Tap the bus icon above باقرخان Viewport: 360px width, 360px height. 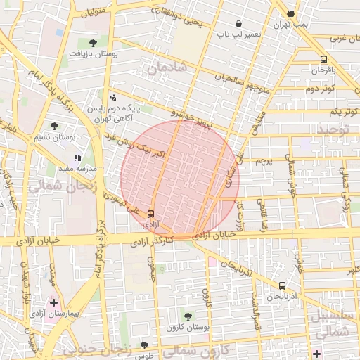(x=323, y=60)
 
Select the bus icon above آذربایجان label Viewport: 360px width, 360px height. (x=282, y=285)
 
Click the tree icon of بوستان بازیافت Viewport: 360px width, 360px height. (x=94, y=43)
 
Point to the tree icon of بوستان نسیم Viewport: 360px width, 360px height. (x=55, y=126)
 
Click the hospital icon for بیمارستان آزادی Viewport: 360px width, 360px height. (x=54, y=302)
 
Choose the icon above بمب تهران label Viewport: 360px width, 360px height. (x=290, y=13)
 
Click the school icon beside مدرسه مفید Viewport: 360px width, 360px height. (x=77, y=158)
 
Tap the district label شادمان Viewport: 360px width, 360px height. (x=167, y=68)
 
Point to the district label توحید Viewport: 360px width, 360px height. (x=333, y=129)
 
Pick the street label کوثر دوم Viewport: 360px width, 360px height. (x=320, y=89)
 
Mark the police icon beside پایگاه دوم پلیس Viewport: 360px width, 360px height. (x=113, y=98)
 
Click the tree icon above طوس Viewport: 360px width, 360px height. (x=144, y=345)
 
